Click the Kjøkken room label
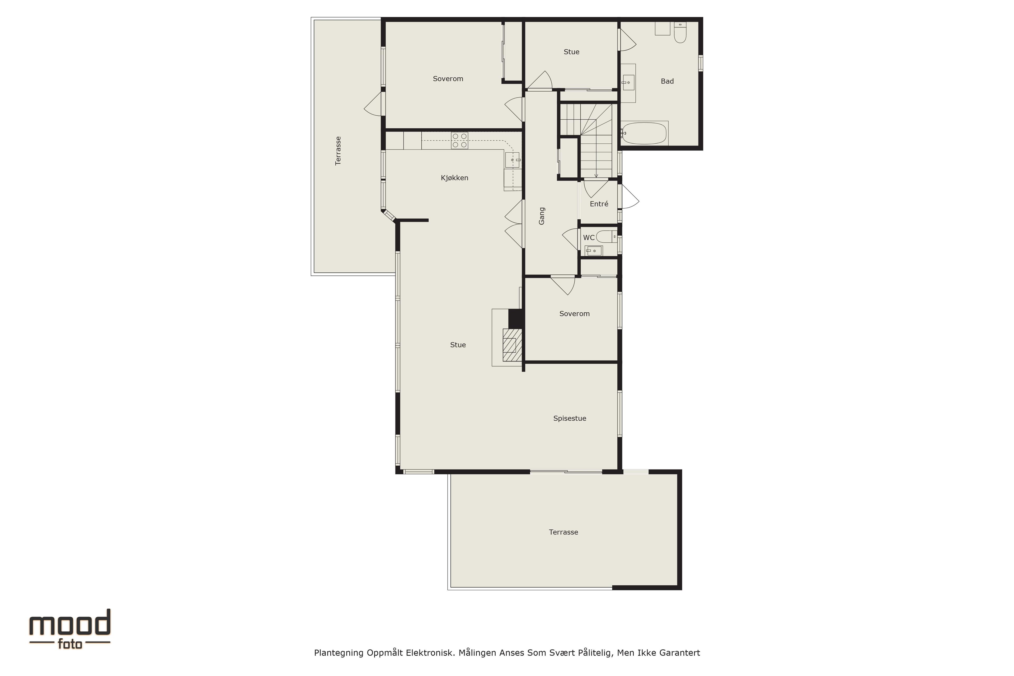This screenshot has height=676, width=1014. (454, 178)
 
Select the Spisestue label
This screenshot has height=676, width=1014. (570, 419)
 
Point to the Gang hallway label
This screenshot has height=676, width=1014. (542, 216)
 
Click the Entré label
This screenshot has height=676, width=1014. (599, 204)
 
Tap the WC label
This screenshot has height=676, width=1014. (589, 238)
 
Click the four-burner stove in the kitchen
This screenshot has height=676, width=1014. (459, 140)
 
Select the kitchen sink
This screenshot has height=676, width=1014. (513, 160)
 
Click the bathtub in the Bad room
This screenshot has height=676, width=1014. (644, 133)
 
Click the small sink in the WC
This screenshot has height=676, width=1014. (594, 251)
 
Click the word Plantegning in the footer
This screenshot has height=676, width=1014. (339, 653)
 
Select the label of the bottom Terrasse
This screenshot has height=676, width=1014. (564, 532)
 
